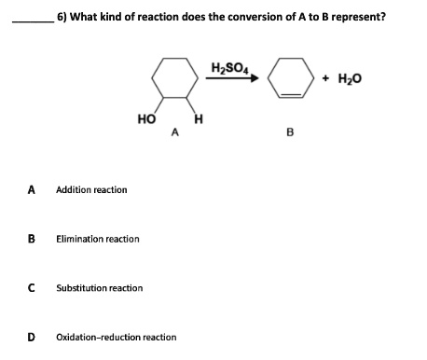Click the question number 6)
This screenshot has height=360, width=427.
62,15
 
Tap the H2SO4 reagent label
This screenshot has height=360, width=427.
224,64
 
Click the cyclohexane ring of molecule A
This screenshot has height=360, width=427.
174,79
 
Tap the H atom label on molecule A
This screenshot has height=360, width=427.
198,118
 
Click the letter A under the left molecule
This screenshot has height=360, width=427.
173,132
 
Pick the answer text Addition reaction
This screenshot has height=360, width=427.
91,190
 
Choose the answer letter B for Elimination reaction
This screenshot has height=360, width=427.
31,238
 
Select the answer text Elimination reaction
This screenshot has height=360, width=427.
97,239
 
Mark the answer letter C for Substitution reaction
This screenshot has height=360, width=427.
31,286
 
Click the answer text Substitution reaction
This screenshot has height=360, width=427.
99,287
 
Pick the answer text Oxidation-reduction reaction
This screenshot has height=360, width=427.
116,337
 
